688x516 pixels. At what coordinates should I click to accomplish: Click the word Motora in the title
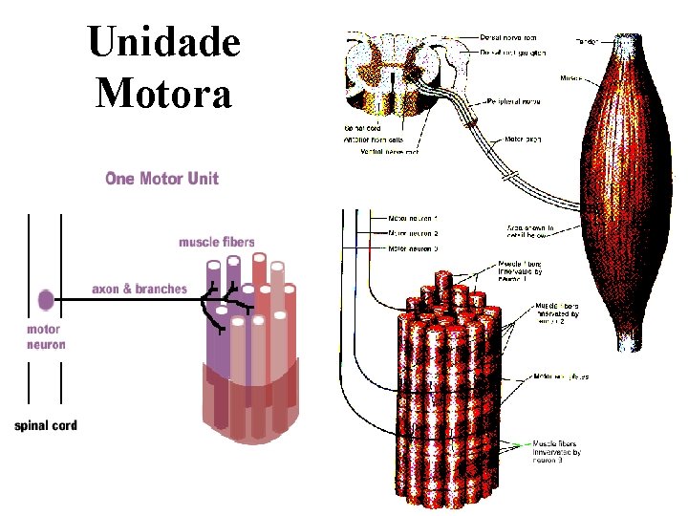click(163, 94)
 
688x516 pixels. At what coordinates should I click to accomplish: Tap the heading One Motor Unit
click(161, 179)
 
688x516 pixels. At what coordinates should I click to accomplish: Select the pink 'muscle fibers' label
click(216, 242)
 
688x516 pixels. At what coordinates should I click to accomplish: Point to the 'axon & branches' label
click(140, 289)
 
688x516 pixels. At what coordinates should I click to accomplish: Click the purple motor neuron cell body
click(46, 300)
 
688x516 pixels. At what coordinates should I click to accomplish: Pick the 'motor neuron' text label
click(46, 337)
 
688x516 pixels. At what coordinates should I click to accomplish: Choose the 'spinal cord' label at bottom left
click(46, 424)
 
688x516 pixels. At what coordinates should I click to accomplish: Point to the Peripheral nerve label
click(517, 99)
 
